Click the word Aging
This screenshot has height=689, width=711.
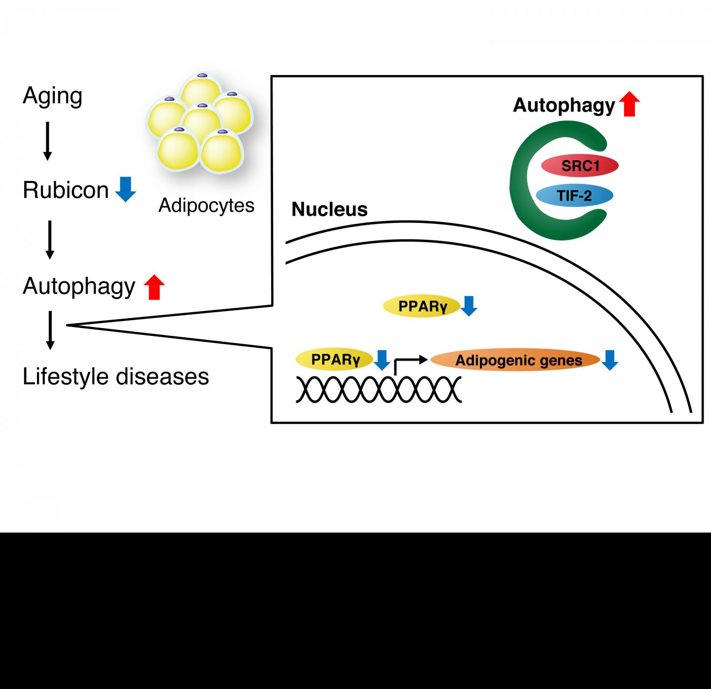52,96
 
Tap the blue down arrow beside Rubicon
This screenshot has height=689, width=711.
125,190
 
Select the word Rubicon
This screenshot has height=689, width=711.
66,190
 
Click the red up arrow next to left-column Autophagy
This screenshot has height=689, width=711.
154,287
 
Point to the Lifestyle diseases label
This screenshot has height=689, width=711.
116,376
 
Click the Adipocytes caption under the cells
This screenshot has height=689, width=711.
206,205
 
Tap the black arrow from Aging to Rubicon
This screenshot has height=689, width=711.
47,141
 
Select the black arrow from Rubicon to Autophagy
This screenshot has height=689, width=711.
49,239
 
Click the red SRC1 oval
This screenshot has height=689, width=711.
580,166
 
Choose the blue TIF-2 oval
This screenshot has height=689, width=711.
574,196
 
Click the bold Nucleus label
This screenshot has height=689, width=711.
329,210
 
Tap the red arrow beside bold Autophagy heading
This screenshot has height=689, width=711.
629,105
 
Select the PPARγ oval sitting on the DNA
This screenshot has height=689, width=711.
334,360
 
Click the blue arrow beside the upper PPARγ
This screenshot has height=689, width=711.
469,306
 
